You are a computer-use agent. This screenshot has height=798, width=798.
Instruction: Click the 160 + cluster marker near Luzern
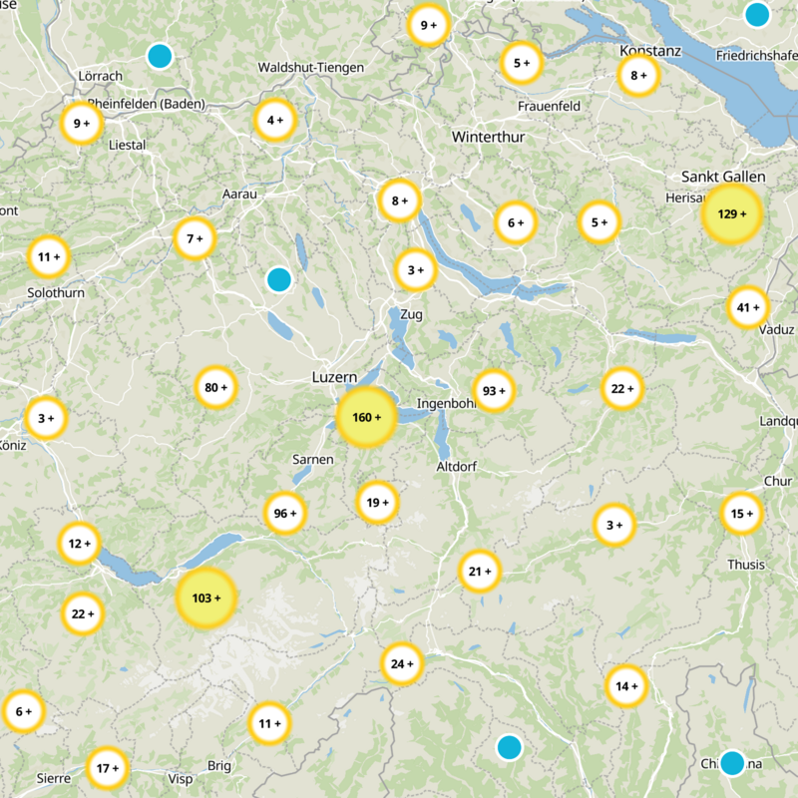[x=367, y=417]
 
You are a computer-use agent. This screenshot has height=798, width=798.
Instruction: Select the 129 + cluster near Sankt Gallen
[x=732, y=214]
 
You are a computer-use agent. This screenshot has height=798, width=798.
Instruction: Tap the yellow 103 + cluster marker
[x=206, y=598]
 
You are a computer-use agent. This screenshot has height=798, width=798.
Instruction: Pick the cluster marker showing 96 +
[x=284, y=514]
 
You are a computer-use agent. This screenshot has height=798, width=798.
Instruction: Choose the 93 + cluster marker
[x=493, y=390]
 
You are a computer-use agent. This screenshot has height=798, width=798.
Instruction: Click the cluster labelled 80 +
[x=216, y=387]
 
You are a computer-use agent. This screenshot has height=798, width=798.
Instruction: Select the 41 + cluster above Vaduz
[x=748, y=307]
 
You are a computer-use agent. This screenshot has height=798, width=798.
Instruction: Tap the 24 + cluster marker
[x=402, y=663]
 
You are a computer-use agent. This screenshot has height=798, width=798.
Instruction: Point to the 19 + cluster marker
[x=377, y=503]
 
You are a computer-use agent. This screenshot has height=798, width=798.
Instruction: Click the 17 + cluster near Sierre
[x=106, y=768]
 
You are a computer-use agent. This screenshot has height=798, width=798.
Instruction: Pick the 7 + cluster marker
[x=195, y=238]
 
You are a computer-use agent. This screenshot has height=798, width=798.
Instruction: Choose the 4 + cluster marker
[x=275, y=121]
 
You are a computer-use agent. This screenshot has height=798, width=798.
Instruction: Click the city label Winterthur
[x=488, y=136]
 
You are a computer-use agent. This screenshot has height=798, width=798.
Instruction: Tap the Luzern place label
[x=334, y=378]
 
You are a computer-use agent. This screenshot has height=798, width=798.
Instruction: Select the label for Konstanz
[x=649, y=51]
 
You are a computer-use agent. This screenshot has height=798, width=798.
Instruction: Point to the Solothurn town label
[x=56, y=293]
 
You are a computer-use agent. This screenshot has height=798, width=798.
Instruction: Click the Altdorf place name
[x=458, y=466]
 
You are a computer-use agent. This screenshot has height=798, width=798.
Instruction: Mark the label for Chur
[x=777, y=481]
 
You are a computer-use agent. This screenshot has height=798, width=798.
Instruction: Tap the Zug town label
[x=411, y=315]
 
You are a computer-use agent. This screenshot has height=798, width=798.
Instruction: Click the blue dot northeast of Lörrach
[x=160, y=56]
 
